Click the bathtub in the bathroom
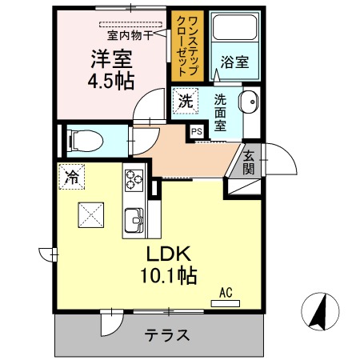click(238, 32)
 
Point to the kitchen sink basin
click(133, 218)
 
